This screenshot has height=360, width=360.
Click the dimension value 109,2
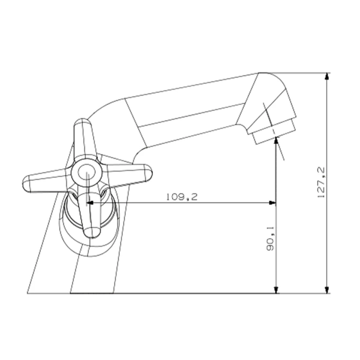click(x=182, y=197)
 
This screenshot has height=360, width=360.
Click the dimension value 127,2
click(x=321, y=182)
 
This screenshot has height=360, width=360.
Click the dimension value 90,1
click(x=270, y=238)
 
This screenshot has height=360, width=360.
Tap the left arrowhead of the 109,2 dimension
click(x=89, y=203)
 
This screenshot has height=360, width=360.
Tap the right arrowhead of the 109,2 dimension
click(x=272, y=203)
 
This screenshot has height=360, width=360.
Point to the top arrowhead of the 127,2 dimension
click(x=327, y=76)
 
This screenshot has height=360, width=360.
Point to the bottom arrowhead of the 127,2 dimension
click(x=327, y=290)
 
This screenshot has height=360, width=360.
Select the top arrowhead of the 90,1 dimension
click(x=277, y=140)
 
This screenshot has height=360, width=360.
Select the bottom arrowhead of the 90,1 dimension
click(x=277, y=290)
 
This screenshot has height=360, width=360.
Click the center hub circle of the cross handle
click(x=86, y=173)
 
